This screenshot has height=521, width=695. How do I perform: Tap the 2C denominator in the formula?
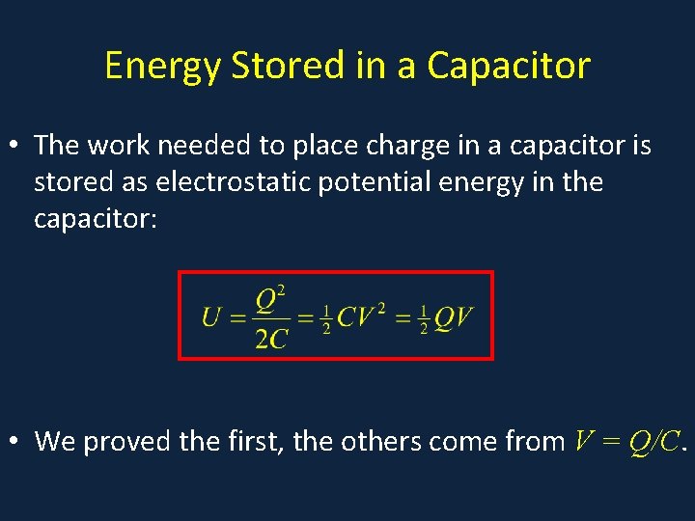[271, 338]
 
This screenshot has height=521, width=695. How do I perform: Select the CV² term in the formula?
[361, 316]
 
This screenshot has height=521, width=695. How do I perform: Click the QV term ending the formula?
[453, 317]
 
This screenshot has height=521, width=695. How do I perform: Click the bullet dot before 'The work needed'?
[14, 146]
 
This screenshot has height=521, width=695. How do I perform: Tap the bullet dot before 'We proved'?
[14, 442]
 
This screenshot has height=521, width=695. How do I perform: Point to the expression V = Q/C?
[627, 441]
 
